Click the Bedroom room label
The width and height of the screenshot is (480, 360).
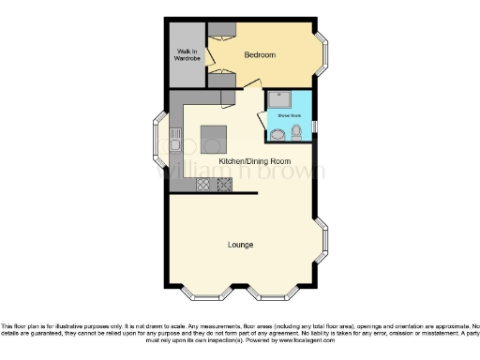(x=260, y=55)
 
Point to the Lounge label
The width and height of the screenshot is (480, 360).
(x=241, y=246)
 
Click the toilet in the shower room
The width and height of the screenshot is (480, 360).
(x=296, y=134)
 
